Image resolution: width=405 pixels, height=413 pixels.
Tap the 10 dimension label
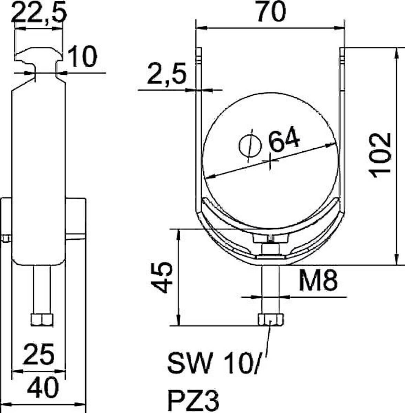click(82, 57)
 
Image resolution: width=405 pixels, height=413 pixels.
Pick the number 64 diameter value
click(284, 140)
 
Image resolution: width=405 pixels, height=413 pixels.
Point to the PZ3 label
click(193, 400)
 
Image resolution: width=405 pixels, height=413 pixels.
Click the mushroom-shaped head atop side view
click(39, 55)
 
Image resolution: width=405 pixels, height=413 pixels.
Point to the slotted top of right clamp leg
click(342, 55)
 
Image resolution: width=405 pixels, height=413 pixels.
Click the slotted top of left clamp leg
click(198, 55)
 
